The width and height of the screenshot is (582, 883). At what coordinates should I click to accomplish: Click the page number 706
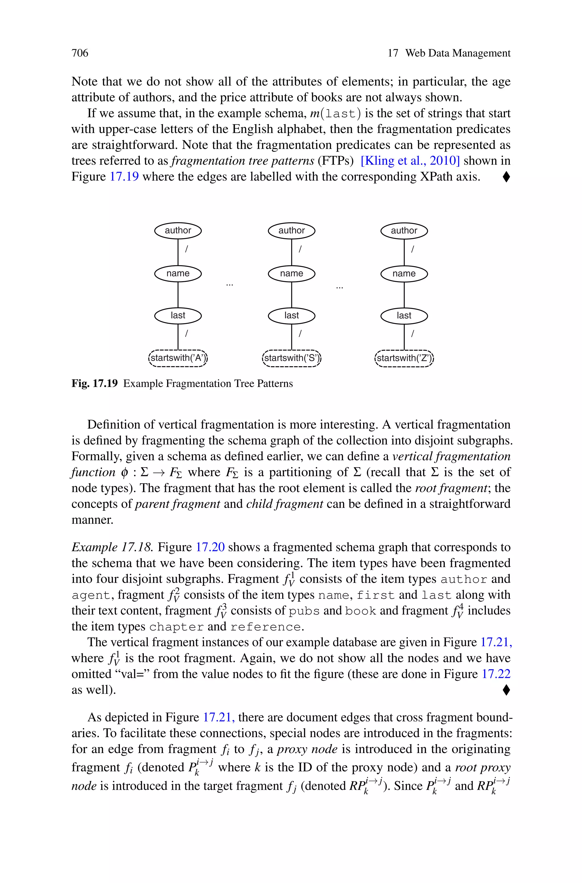[80, 53]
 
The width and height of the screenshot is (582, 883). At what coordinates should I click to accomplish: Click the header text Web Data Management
[458, 53]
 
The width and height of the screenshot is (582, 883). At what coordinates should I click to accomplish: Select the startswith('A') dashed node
[178, 358]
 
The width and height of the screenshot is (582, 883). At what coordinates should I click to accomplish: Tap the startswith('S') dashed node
[291, 358]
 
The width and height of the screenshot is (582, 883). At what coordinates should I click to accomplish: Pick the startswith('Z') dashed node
[404, 358]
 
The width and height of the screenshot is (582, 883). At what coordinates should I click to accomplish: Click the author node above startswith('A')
[178, 231]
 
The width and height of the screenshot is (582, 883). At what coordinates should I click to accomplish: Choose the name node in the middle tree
[291, 274]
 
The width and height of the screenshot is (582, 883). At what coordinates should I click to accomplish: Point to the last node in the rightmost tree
[404, 316]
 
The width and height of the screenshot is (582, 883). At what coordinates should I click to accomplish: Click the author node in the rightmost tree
[404, 231]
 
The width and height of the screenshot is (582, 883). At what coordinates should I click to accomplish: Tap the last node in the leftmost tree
[178, 316]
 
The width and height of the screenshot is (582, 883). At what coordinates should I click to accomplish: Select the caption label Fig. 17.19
[94, 384]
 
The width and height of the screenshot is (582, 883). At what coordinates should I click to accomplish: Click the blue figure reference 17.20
[210, 547]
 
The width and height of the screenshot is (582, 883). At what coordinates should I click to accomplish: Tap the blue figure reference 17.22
[496, 674]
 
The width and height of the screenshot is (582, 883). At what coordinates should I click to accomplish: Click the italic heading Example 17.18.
[112, 547]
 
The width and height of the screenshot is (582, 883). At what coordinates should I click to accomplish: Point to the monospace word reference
[265, 627]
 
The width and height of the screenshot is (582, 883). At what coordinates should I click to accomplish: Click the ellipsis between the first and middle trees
[230, 285]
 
